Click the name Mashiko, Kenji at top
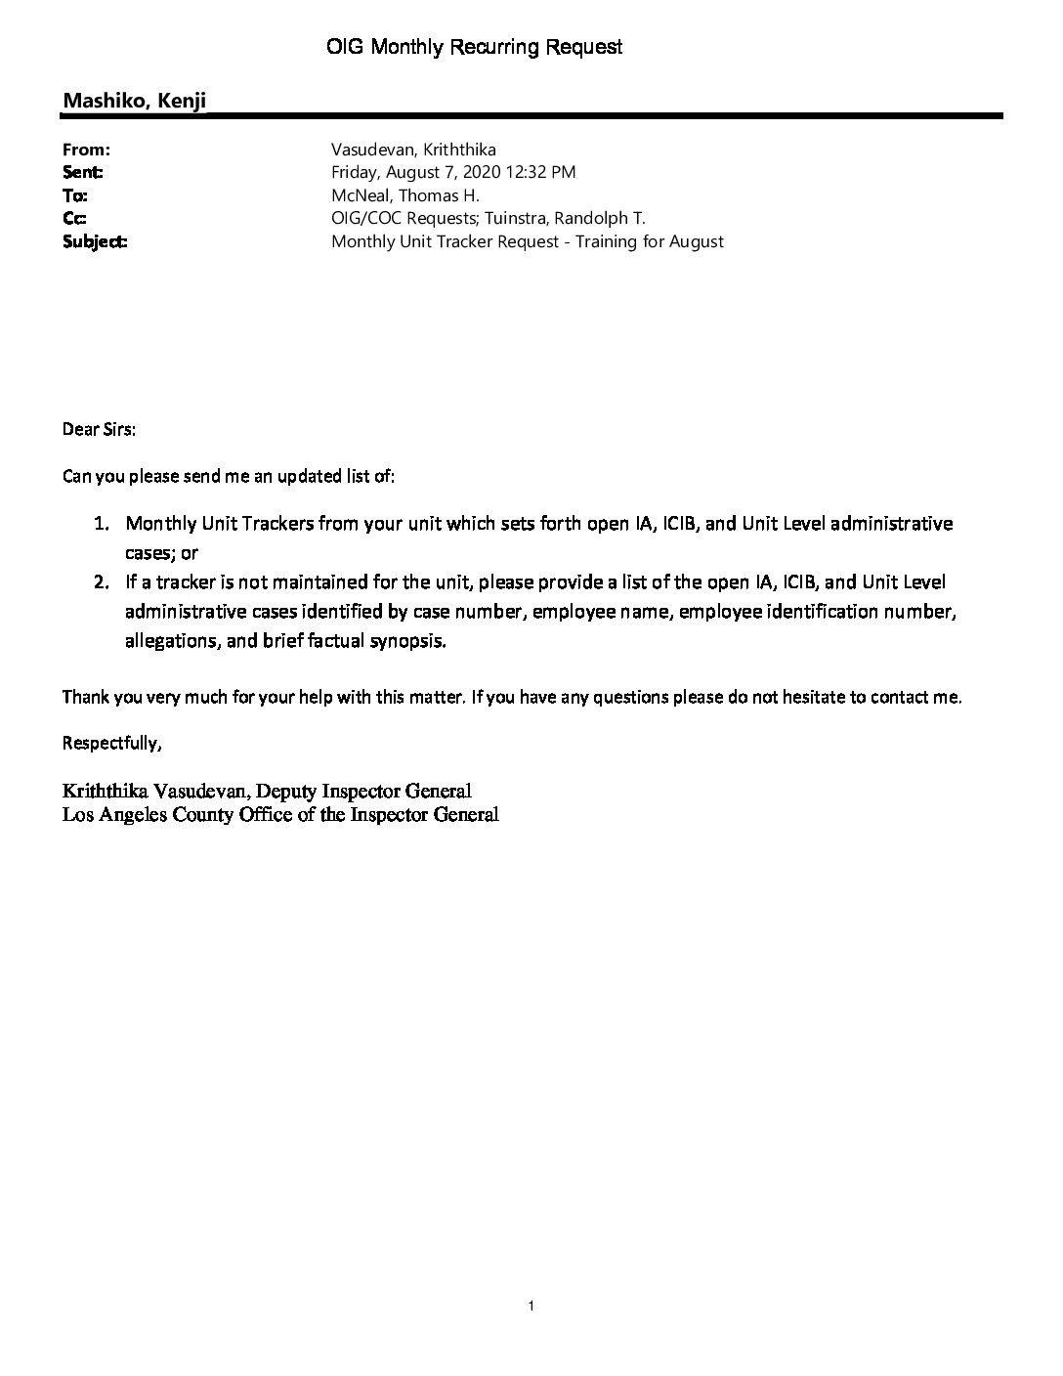click(x=135, y=101)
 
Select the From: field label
click(x=86, y=150)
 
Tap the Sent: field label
click(x=83, y=172)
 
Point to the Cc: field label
click(x=74, y=218)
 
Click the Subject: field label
click(x=95, y=241)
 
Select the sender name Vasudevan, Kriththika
click(x=413, y=150)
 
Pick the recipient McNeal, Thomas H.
click(x=405, y=195)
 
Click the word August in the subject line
click(x=696, y=241)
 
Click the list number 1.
click(x=101, y=524)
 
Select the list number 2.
click(x=101, y=582)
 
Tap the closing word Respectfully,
click(x=111, y=743)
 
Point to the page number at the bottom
click(x=531, y=1306)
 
